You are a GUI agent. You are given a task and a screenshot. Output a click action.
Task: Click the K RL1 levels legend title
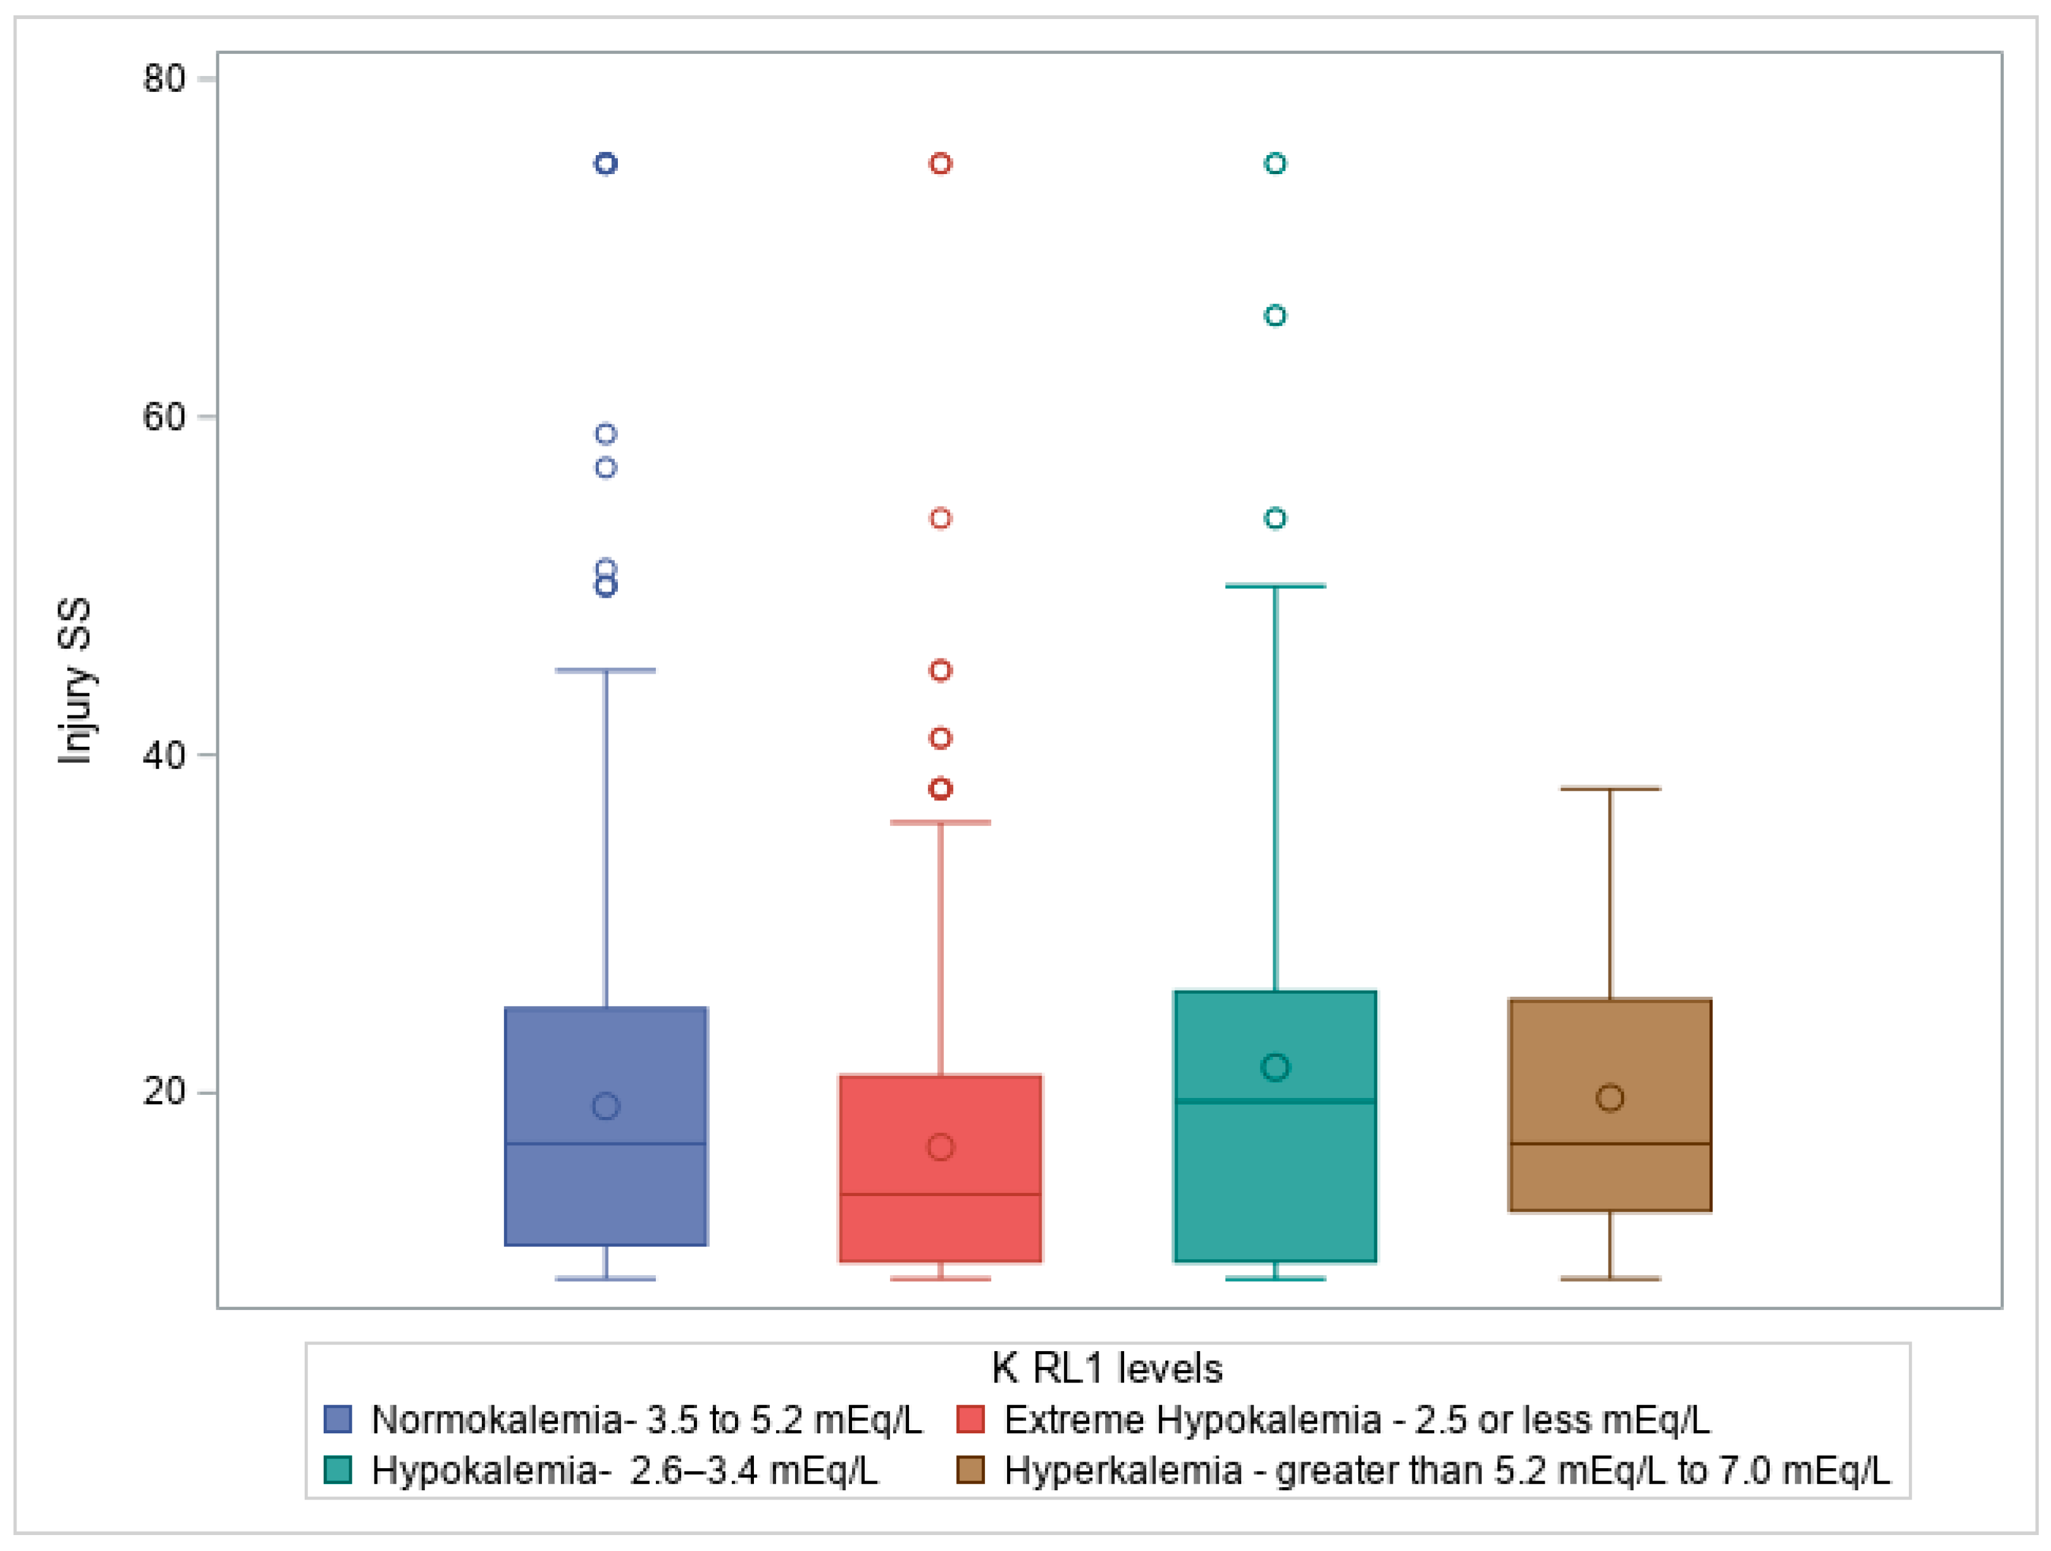coord(1106,1368)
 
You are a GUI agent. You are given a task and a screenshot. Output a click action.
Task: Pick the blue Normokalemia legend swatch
coord(338,1419)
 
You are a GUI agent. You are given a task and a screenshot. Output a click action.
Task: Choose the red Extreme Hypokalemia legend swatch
coord(970,1419)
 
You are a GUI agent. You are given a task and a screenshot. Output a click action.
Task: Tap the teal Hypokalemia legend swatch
coord(338,1470)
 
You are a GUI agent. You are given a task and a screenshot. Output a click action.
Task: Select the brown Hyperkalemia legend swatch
coord(970,1470)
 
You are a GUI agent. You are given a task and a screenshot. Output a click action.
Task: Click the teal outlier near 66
coord(1275,316)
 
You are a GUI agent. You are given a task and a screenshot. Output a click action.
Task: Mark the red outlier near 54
coord(940,518)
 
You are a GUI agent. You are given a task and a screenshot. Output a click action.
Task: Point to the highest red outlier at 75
coord(940,164)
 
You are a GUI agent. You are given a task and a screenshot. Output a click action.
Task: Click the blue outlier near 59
coord(606,434)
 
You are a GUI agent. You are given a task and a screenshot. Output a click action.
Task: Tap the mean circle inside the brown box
coord(1610,1098)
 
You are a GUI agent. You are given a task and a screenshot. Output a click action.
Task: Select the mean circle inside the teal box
coord(1275,1067)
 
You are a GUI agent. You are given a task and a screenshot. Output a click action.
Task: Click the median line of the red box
coord(940,1194)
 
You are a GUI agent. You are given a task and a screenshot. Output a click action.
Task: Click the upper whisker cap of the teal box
coord(1275,586)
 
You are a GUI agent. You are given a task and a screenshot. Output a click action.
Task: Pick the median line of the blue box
coord(606,1144)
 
